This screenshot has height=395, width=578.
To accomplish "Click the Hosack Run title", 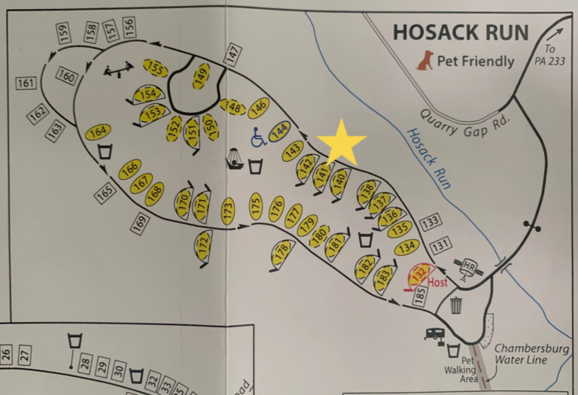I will (x=461, y=33).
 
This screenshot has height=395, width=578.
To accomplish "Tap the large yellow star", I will (x=342, y=143).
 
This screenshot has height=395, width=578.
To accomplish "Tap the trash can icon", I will (x=456, y=305).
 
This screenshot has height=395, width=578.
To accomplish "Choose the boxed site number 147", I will (x=233, y=54).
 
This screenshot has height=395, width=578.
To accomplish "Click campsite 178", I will (x=281, y=252).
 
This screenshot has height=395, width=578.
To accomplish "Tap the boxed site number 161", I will (x=26, y=83).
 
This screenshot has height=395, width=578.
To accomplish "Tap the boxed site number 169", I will (x=139, y=222).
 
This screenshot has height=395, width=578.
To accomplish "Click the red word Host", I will (x=437, y=283).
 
